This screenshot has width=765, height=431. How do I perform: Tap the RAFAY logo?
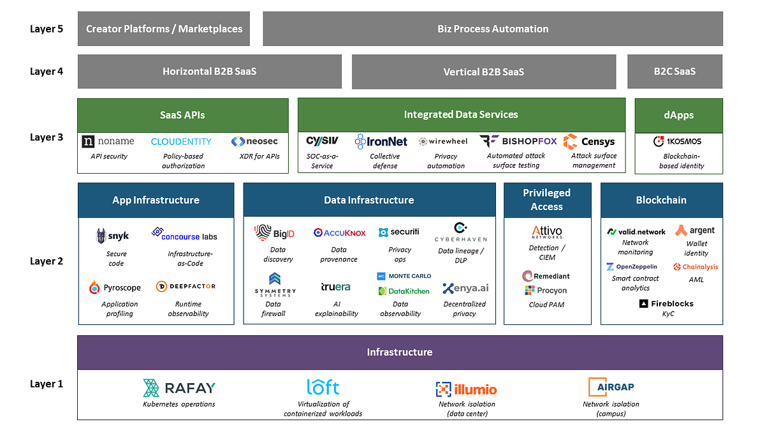click(179, 388)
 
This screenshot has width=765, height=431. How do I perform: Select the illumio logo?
click(466, 389)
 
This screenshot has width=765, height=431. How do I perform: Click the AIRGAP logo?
click(611, 387)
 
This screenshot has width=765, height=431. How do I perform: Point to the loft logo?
click(323, 387)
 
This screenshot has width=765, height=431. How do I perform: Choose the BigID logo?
click(274, 232)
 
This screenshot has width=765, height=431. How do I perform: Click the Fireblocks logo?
click(666, 303)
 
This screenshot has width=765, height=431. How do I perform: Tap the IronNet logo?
click(381, 141)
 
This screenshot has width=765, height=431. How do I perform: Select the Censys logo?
click(589, 141)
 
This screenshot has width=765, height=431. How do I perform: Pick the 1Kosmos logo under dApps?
click(677, 141)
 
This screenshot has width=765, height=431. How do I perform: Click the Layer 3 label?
click(47, 137)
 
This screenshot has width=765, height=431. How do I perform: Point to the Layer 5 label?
click(47, 29)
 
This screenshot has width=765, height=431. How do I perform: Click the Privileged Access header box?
click(548, 200)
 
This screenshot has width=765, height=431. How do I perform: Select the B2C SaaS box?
click(675, 72)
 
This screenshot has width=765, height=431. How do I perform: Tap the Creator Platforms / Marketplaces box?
click(164, 29)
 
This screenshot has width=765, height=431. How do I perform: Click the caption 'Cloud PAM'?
click(546, 305)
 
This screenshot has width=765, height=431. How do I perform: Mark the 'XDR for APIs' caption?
click(259, 156)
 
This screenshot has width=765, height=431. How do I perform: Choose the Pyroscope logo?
click(115, 288)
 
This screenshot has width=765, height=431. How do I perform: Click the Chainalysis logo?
click(696, 267)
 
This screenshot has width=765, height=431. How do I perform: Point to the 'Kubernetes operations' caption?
click(179, 404)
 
